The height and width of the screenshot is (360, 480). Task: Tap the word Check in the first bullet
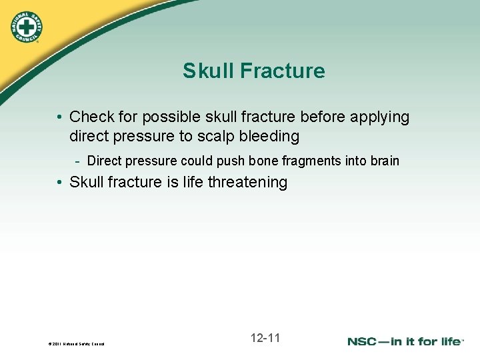[x=92, y=117]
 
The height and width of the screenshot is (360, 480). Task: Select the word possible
[x=166, y=117]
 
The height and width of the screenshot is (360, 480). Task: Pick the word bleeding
[x=267, y=137]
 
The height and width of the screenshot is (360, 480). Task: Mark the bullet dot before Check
[x=60, y=117]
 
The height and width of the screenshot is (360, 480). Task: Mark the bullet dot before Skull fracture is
[x=60, y=183]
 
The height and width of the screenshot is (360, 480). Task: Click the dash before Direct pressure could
[x=78, y=161]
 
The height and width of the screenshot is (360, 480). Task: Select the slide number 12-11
[x=265, y=338]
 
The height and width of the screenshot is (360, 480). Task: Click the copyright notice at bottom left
[x=76, y=344]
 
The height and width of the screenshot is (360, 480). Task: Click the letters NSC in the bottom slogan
[x=365, y=341]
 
